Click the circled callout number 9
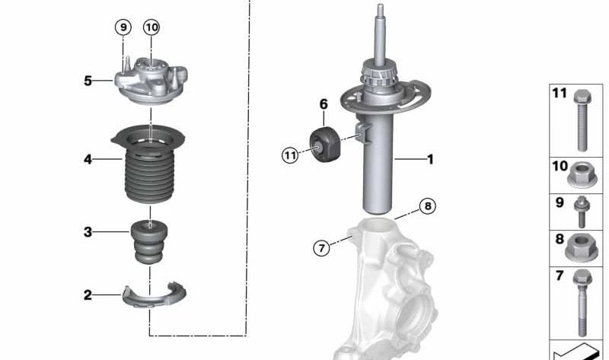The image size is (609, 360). [x=123, y=27]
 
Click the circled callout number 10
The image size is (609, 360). [x=151, y=27]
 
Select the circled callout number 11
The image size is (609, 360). [x=289, y=155]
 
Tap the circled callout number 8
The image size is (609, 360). [x=428, y=206]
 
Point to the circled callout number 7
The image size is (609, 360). [x=322, y=247]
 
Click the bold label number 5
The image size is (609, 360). [x=88, y=80]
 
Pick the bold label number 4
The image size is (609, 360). [x=88, y=160]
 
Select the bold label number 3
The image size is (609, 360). [x=88, y=232]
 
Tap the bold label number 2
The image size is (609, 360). [x=88, y=295]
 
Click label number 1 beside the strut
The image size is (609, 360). [x=430, y=160]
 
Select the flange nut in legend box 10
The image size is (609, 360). [x=581, y=177]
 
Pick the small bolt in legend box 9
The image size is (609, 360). [x=581, y=212]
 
